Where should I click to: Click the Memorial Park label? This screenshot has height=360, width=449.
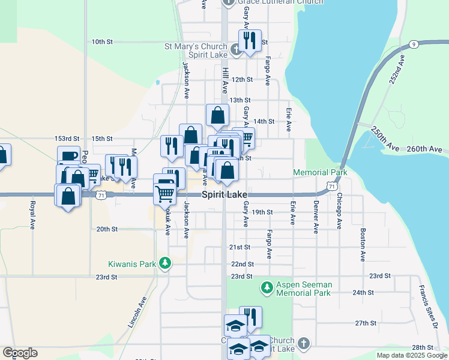click(x=320, y=173)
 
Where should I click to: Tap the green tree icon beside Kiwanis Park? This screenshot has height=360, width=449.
click(x=164, y=263)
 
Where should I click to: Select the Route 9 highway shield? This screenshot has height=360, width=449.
click(x=414, y=44)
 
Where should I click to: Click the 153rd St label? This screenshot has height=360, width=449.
click(x=67, y=139)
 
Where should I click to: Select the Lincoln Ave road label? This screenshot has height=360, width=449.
click(x=137, y=312)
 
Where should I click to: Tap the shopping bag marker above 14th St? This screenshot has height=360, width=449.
click(x=217, y=115)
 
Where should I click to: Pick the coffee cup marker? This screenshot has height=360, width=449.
click(x=69, y=156)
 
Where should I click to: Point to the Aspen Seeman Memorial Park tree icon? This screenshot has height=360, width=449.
click(x=267, y=289)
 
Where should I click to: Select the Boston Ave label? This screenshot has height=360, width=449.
click(x=363, y=245)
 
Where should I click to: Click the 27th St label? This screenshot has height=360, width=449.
click(x=365, y=323)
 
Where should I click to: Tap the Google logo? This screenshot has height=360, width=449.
click(x=20, y=353)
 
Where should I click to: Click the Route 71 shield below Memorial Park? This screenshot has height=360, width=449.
click(x=331, y=187)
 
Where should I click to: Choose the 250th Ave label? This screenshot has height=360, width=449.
click(x=385, y=139)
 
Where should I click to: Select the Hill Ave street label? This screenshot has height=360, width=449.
click(x=226, y=80)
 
